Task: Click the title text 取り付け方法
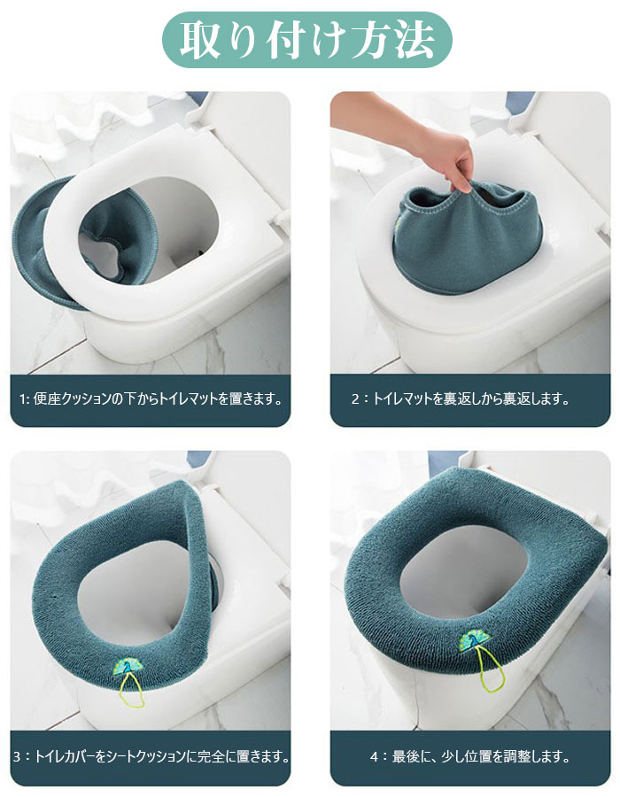tap(307, 40)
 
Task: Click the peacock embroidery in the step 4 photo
tap(473, 639)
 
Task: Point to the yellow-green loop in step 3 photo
tap(131, 692)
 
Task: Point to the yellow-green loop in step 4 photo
tap(491, 672)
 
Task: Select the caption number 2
tap(355, 399)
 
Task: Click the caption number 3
tap(17, 757)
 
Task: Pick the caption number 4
tap(374, 757)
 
